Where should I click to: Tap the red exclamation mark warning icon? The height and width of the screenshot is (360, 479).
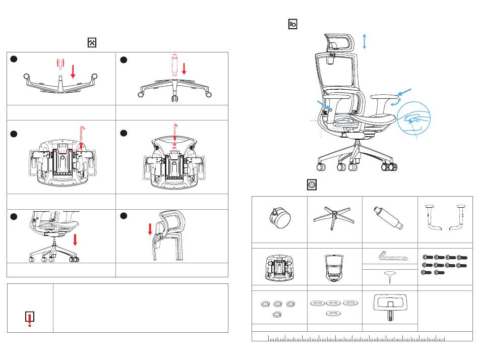pos(30,319)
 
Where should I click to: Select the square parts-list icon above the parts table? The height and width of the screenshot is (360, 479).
pos(312,186)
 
